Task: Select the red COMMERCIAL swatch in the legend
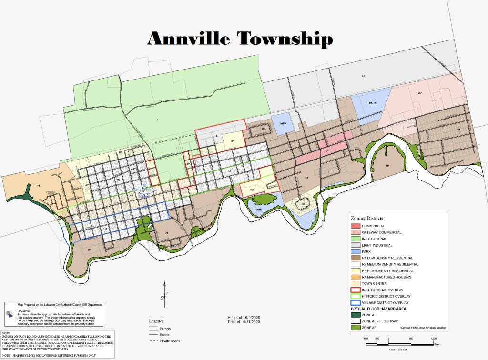tap(355, 226)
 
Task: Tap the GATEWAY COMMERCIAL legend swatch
tap(355, 232)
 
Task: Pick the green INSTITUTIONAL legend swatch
tap(355, 239)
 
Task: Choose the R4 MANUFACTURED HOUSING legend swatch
tap(355, 277)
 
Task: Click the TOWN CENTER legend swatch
tap(355, 283)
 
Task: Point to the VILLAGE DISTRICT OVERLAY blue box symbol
tap(355, 302)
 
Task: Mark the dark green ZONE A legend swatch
tap(355, 315)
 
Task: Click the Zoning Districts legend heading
tap(367, 218)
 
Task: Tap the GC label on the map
tap(420, 93)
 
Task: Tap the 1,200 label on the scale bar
tap(433, 338)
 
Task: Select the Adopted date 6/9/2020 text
tap(243, 317)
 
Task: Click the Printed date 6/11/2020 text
tap(243, 321)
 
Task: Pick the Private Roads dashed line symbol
tap(153, 341)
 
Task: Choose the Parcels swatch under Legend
tap(153, 329)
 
